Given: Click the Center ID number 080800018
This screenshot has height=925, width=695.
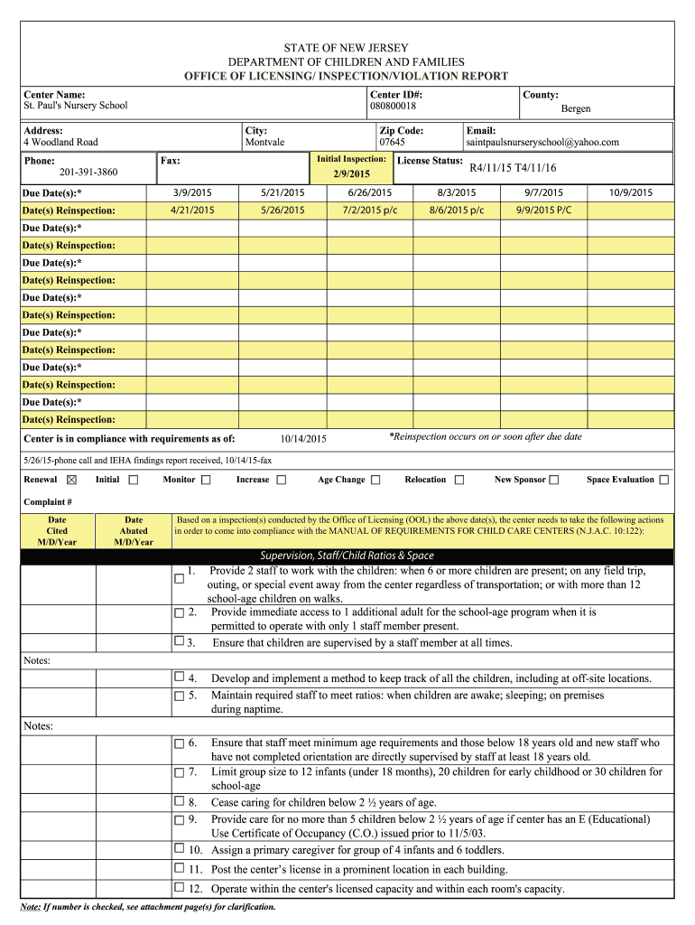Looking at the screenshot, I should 393,107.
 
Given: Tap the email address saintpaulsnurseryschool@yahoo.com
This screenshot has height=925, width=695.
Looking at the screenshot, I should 542,143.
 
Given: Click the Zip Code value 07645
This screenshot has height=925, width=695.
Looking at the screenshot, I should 392,143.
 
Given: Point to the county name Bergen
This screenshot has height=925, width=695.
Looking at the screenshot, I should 576,109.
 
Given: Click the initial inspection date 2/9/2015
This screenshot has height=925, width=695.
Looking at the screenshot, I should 351,173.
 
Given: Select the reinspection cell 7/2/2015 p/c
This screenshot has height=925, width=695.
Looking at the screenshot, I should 370,210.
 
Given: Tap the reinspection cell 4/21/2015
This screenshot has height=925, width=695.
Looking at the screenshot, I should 192,210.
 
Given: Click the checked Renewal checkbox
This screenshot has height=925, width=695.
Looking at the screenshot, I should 72,480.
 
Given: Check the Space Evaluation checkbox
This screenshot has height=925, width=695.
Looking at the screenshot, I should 664,480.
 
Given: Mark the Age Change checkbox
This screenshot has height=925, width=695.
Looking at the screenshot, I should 375,480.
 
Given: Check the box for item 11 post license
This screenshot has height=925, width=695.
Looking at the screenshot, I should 179,868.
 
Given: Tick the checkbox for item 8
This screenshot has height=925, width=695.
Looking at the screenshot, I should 179,801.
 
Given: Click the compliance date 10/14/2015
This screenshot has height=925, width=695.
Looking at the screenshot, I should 303,440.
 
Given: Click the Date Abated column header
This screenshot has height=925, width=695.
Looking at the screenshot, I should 134,531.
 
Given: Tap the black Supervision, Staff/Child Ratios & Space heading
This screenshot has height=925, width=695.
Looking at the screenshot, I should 347,556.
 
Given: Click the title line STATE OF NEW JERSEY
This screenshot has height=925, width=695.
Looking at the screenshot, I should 347,48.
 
